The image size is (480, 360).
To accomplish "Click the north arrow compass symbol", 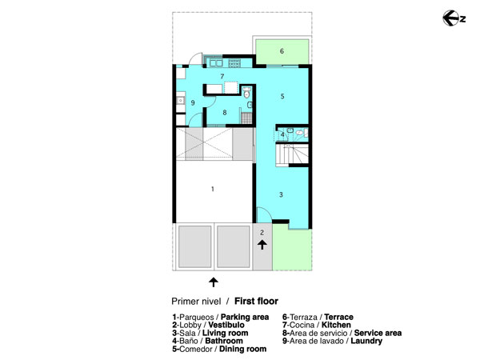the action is [x=454, y=18].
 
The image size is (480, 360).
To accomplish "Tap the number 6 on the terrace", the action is [x=282, y=51].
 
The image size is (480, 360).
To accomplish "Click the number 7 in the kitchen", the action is [x=222, y=76].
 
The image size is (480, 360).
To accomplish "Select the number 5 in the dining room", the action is [x=282, y=97].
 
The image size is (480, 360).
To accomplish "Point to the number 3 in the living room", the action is [x=281, y=194].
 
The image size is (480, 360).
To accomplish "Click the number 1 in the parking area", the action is [x=213, y=189].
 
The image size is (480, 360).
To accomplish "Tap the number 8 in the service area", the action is [x=225, y=113].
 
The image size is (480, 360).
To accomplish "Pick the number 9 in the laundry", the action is [x=193, y=102].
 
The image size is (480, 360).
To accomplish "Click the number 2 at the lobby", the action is [x=262, y=233].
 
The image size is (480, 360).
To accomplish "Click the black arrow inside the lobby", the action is [x=262, y=245].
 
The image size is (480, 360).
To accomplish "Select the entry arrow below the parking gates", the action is [x=214, y=282].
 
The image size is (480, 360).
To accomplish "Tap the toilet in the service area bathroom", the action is [x=246, y=93].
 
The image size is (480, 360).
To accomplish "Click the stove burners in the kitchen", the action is [x=234, y=63].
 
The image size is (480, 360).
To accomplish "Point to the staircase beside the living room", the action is [x=292, y=154].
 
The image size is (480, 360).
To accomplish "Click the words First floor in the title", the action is [x=256, y=302].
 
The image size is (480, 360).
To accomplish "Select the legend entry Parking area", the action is [x=245, y=317].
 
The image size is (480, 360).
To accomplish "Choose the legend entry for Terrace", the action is [x=339, y=317].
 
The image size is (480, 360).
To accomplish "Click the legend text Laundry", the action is [x=366, y=341].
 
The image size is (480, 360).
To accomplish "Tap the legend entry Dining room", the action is [x=242, y=349].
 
